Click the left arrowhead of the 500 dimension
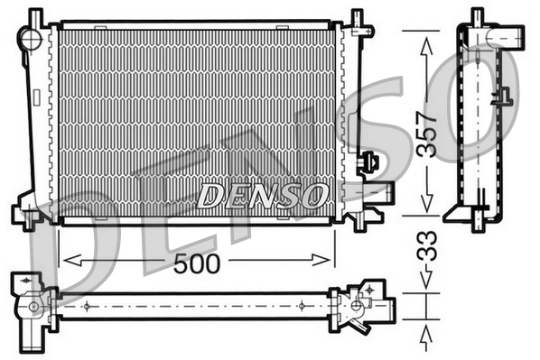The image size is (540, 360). point(65,261)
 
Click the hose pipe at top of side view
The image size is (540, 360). point(506,38)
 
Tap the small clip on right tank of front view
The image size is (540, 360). point(368,163)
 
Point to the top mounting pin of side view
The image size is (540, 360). point(477,17)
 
